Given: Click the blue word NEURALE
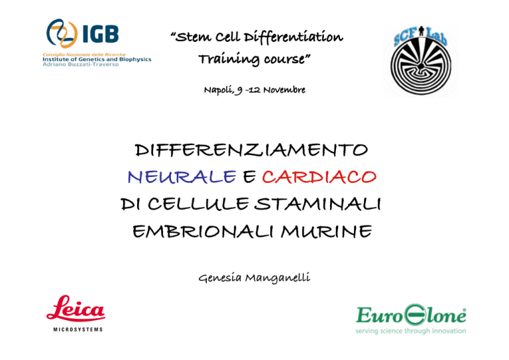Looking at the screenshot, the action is coord(182,177).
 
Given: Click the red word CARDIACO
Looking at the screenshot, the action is coord(319,177).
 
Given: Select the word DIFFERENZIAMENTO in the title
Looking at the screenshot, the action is coord(251,150).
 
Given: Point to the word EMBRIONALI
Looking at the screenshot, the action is coord(203,231).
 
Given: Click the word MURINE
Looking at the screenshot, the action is coord(326,231).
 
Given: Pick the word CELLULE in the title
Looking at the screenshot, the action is coord(198,204).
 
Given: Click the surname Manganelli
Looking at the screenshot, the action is coord(278,278).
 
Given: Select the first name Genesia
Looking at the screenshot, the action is coord(220,278).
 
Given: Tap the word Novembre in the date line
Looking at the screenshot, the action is coord(284,90).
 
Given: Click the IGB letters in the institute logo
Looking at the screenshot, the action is coord(100,34).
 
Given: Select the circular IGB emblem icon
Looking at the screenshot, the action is coord(62,33).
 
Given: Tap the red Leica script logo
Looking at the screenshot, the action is coord(76,308).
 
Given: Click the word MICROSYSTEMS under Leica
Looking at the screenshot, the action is coord(78,330).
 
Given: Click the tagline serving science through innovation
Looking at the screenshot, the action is coord(411,331).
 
